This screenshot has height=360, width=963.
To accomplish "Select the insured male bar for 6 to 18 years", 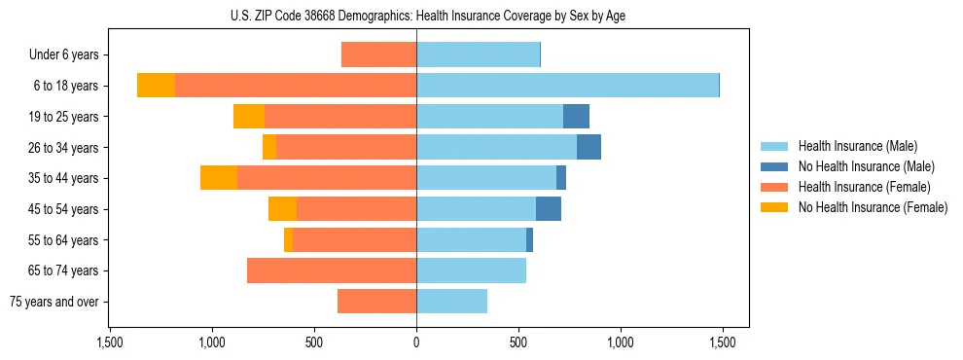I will [567, 86].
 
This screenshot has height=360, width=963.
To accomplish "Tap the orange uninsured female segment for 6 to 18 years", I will [156, 86].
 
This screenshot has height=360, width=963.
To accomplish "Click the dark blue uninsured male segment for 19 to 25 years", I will [576, 117].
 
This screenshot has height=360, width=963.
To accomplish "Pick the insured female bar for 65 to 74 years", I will [332, 270].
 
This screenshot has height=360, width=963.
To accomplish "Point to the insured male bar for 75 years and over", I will [451, 302].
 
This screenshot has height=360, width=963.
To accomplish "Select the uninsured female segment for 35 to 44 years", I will [219, 178].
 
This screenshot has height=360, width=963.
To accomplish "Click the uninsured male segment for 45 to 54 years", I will [549, 209].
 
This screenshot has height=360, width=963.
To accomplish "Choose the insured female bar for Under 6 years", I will [378, 55].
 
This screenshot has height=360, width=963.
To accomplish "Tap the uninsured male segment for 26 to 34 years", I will [588, 147].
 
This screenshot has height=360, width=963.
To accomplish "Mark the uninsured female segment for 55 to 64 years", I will [288, 239].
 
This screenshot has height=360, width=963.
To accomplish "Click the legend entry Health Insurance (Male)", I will [857, 146].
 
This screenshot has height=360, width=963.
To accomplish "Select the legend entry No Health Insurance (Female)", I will [873, 207].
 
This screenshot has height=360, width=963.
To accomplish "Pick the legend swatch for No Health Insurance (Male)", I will [774, 166].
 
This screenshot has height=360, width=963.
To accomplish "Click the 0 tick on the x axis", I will [416, 342].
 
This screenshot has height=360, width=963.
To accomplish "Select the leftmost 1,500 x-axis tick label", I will [109, 342].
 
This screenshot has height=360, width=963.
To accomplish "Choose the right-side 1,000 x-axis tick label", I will [621, 342].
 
